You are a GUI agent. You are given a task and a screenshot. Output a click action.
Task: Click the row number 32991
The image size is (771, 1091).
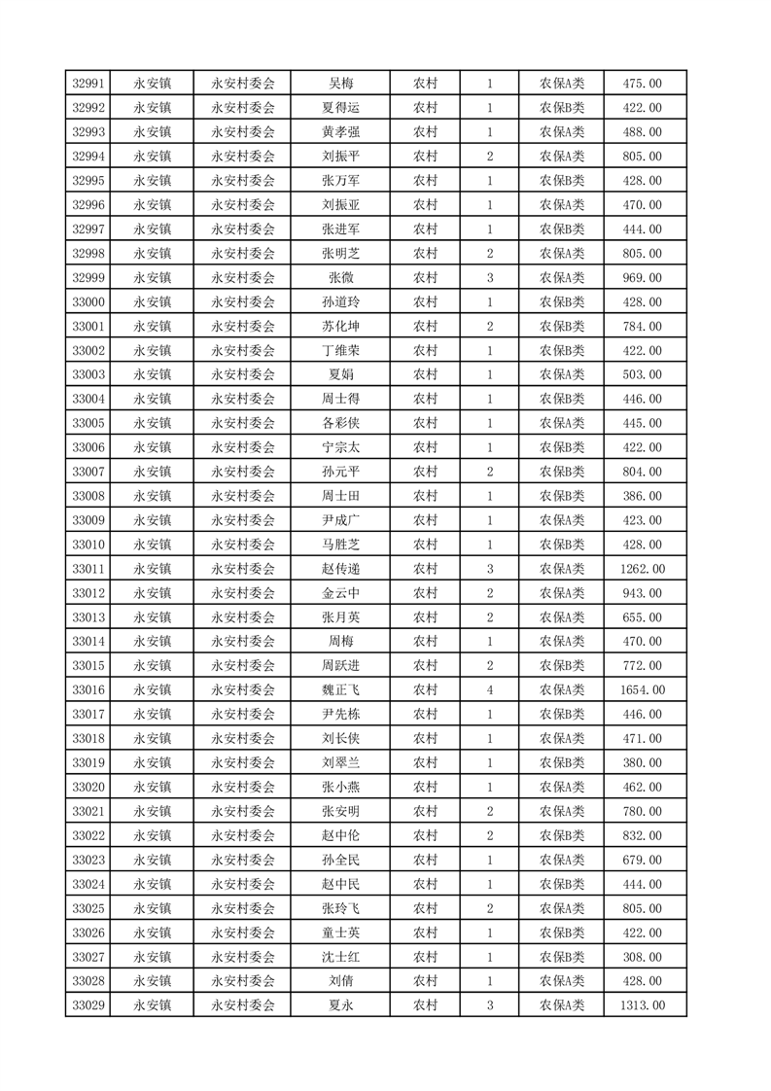[88, 84]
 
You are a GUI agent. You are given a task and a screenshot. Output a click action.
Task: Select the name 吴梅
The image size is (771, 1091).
[340, 84]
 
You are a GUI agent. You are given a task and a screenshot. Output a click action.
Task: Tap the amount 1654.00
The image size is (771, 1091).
[642, 690]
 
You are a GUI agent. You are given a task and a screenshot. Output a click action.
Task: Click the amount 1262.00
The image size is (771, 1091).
[642, 569]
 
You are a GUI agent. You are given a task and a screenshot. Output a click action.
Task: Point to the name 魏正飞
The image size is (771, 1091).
[340, 690]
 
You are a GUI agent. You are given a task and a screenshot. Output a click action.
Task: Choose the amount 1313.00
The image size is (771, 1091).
[642, 1006]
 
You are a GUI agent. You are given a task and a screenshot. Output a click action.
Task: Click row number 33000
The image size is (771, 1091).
[88, 302]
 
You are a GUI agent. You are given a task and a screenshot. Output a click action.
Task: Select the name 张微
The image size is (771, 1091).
[340, 278]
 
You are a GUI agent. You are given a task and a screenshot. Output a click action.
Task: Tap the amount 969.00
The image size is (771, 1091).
[642, 278]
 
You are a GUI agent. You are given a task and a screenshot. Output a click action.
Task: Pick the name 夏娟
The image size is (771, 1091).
[340, 375]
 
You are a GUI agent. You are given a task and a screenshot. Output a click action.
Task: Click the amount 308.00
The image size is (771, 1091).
[642, 958]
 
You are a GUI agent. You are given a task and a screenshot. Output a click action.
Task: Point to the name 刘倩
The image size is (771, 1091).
[340, 982]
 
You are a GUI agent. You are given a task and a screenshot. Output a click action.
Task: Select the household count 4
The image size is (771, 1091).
[489, 690]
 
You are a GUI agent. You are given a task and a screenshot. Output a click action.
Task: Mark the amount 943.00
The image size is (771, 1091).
[642, 593]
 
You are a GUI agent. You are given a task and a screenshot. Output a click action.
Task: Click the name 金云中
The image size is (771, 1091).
[340, 593]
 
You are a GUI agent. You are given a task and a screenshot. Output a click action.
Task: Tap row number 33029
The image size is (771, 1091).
[88, 1006]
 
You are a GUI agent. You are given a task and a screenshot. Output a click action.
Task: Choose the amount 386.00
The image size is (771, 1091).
[642, 496]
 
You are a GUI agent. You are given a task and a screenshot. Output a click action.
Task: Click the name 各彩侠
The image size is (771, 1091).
[340, 424]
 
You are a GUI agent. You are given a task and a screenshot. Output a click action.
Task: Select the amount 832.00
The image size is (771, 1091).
[642, 836]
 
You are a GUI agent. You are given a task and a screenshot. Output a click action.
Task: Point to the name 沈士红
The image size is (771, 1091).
[340, 958]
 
